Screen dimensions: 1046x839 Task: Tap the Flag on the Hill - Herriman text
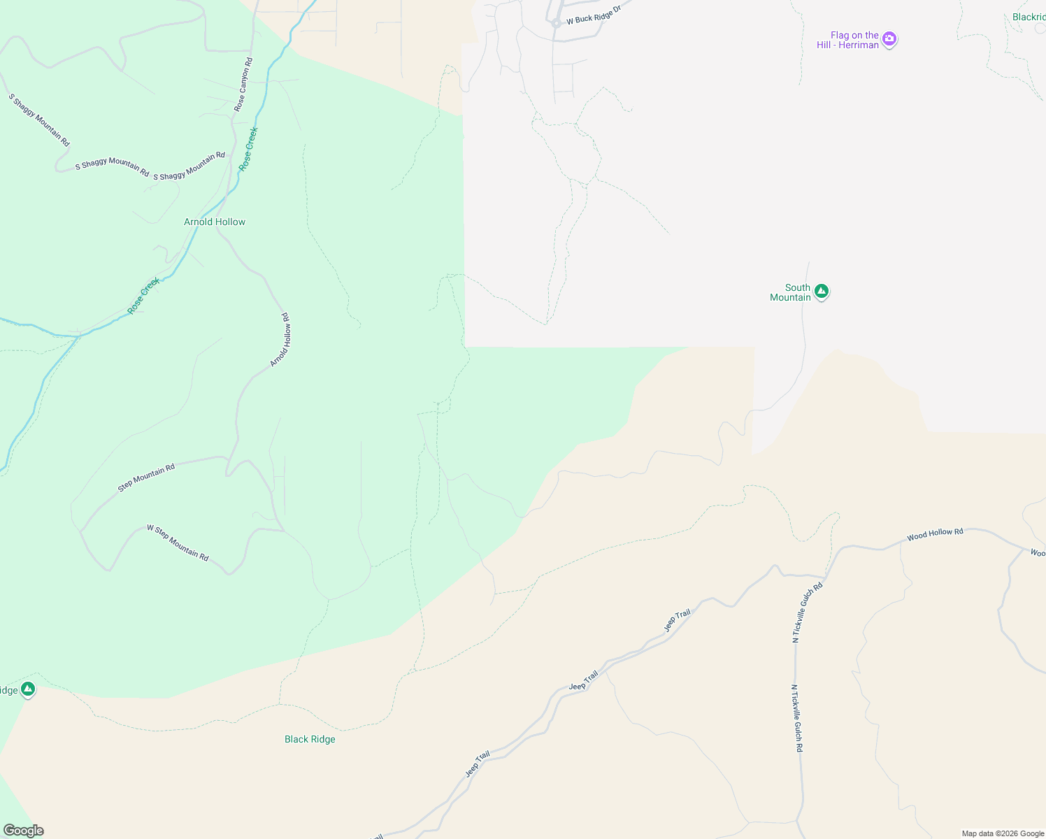click(848, 40)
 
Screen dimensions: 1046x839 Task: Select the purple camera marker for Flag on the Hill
click(889, 38)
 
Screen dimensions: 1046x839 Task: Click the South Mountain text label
click(791, 292)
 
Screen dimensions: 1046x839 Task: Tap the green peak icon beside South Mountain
click(822, 291)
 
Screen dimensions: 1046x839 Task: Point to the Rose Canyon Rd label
click(243, 85)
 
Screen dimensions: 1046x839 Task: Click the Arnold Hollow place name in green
click(215, 222)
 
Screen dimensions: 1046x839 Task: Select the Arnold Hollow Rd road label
click(280, 340)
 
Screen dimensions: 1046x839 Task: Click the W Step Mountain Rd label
click(178, 543)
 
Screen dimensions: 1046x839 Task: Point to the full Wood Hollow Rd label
click(935, 535)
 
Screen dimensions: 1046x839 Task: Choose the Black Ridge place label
click(310, 739)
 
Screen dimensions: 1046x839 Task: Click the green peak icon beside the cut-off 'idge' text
click(28, 689)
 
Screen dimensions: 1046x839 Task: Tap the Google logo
click(23, 831)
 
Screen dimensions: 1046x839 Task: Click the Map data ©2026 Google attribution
click(1003, 833)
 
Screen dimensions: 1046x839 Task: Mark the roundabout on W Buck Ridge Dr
click(556, 23)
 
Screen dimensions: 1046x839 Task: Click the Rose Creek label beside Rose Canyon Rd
click(248, 148)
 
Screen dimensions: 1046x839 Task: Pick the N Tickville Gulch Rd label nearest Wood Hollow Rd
click(808, 612)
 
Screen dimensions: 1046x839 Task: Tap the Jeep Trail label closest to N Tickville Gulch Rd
click(677, 619)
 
